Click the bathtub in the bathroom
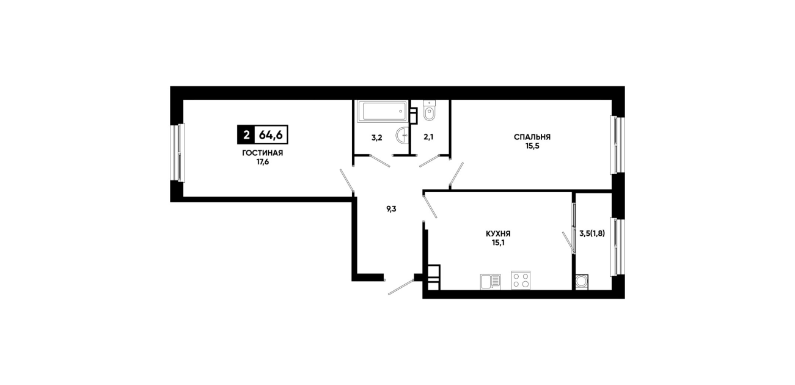tap(383, 111)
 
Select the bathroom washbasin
tap(403, 136)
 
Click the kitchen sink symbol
tap(491, 282)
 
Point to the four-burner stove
tap(521, 280)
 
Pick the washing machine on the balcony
tap(582, 282)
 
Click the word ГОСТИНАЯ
tap(263, 153)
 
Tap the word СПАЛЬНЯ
tap(532, 137)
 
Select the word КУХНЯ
tap(498, 234)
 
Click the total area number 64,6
tap(271, 135)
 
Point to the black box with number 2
tap(246, 135)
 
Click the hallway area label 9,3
tap(391, 209)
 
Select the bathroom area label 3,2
tap(376, 137)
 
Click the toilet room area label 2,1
tap(428, 137)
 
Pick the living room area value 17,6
tap(263, 162)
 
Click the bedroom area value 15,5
tap(532, 146)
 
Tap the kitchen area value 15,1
tap(498, 243)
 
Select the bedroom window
tap(618, 145)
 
